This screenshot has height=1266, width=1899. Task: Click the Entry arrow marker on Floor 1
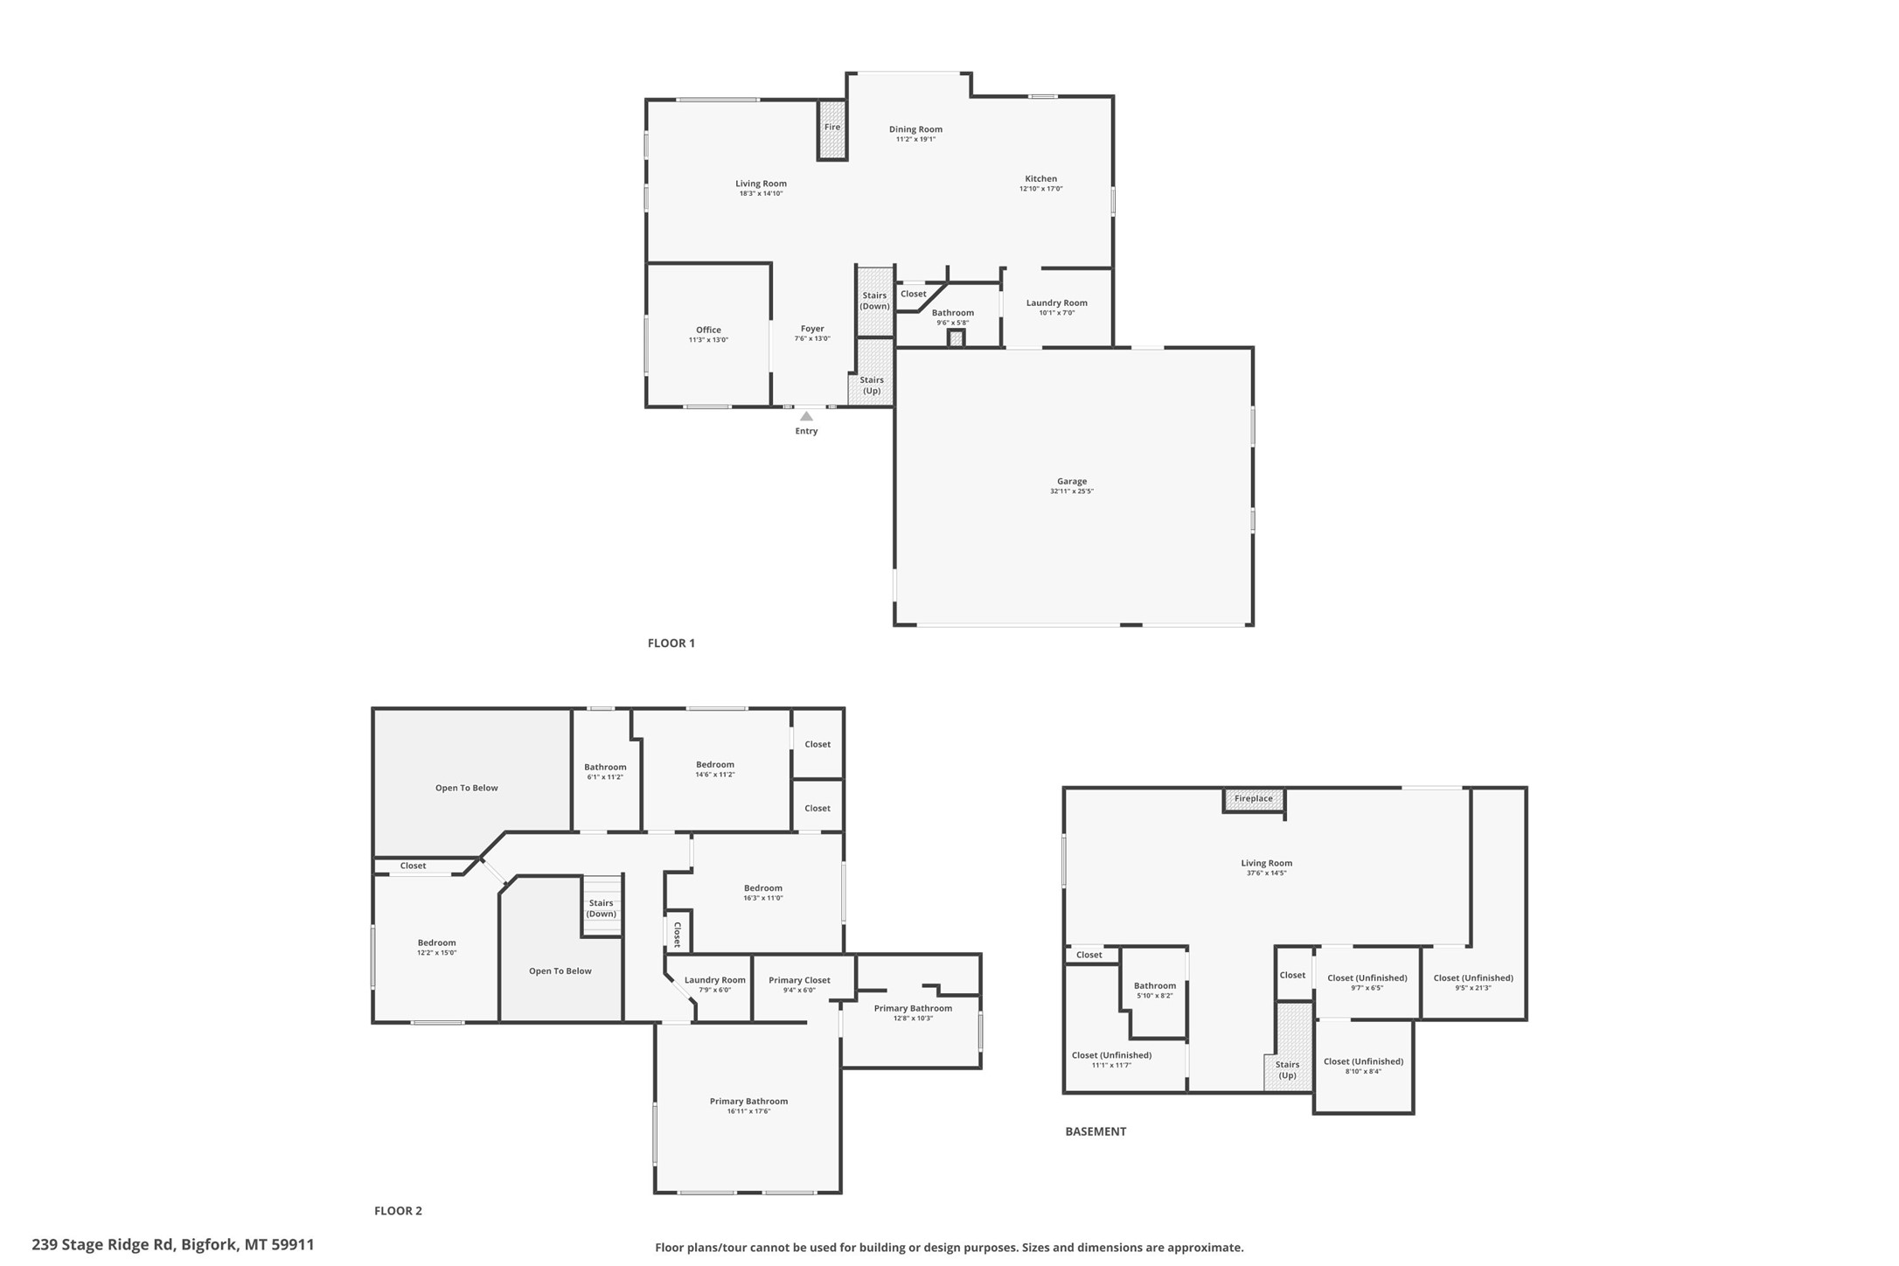806,416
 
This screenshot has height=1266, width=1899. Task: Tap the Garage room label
1072,481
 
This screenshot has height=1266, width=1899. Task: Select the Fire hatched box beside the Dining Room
832,129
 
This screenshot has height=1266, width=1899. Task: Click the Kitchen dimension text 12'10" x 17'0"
1040,189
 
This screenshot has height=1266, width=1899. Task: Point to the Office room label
708,330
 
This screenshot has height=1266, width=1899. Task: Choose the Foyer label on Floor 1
812,329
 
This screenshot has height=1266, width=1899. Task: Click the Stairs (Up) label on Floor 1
872,386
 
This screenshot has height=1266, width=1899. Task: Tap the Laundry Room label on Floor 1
1057,303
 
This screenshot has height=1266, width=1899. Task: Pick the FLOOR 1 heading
671,643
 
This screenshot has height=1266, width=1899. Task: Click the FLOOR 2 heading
398,1211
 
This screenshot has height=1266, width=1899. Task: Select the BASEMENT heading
1096,1131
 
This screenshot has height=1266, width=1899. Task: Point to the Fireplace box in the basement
1254,799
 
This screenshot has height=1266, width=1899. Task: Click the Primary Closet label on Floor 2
799,980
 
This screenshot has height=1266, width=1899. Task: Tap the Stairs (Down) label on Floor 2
602,908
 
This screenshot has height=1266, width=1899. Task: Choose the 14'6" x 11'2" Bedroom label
715,764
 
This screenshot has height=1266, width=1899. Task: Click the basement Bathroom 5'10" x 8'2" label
1155,985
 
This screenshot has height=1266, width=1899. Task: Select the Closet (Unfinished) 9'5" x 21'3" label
1473,977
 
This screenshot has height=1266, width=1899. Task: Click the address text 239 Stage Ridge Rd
103,1244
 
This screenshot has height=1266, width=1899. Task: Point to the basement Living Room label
1266,863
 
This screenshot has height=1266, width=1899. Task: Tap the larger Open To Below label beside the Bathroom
467,788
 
